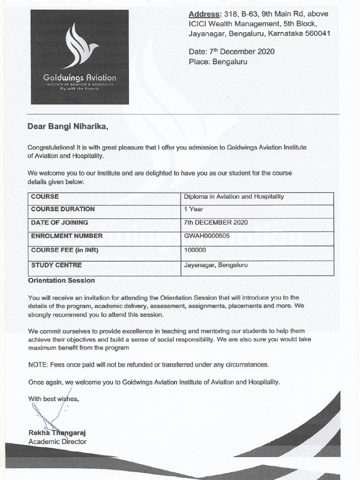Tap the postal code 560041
click(314, 33)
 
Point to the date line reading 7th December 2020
click(232, 52)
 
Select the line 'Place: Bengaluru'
click(217, 62)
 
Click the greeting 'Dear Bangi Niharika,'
click(68, 126)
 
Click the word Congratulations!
click(48, 147)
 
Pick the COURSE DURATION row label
click(63, 209)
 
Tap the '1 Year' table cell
click(194, 209)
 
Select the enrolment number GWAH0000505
click(207, 236)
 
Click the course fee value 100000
click(195, 250)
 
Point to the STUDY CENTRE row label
click(56, 265)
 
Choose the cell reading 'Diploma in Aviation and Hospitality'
click(234, 196)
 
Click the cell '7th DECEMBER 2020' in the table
click(216, 223)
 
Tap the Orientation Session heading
click(61, 280)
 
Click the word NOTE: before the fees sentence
click(37, 364)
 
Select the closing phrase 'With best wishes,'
click(53, 399)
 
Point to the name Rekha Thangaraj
click(57, 433)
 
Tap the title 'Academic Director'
click(57, 442)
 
